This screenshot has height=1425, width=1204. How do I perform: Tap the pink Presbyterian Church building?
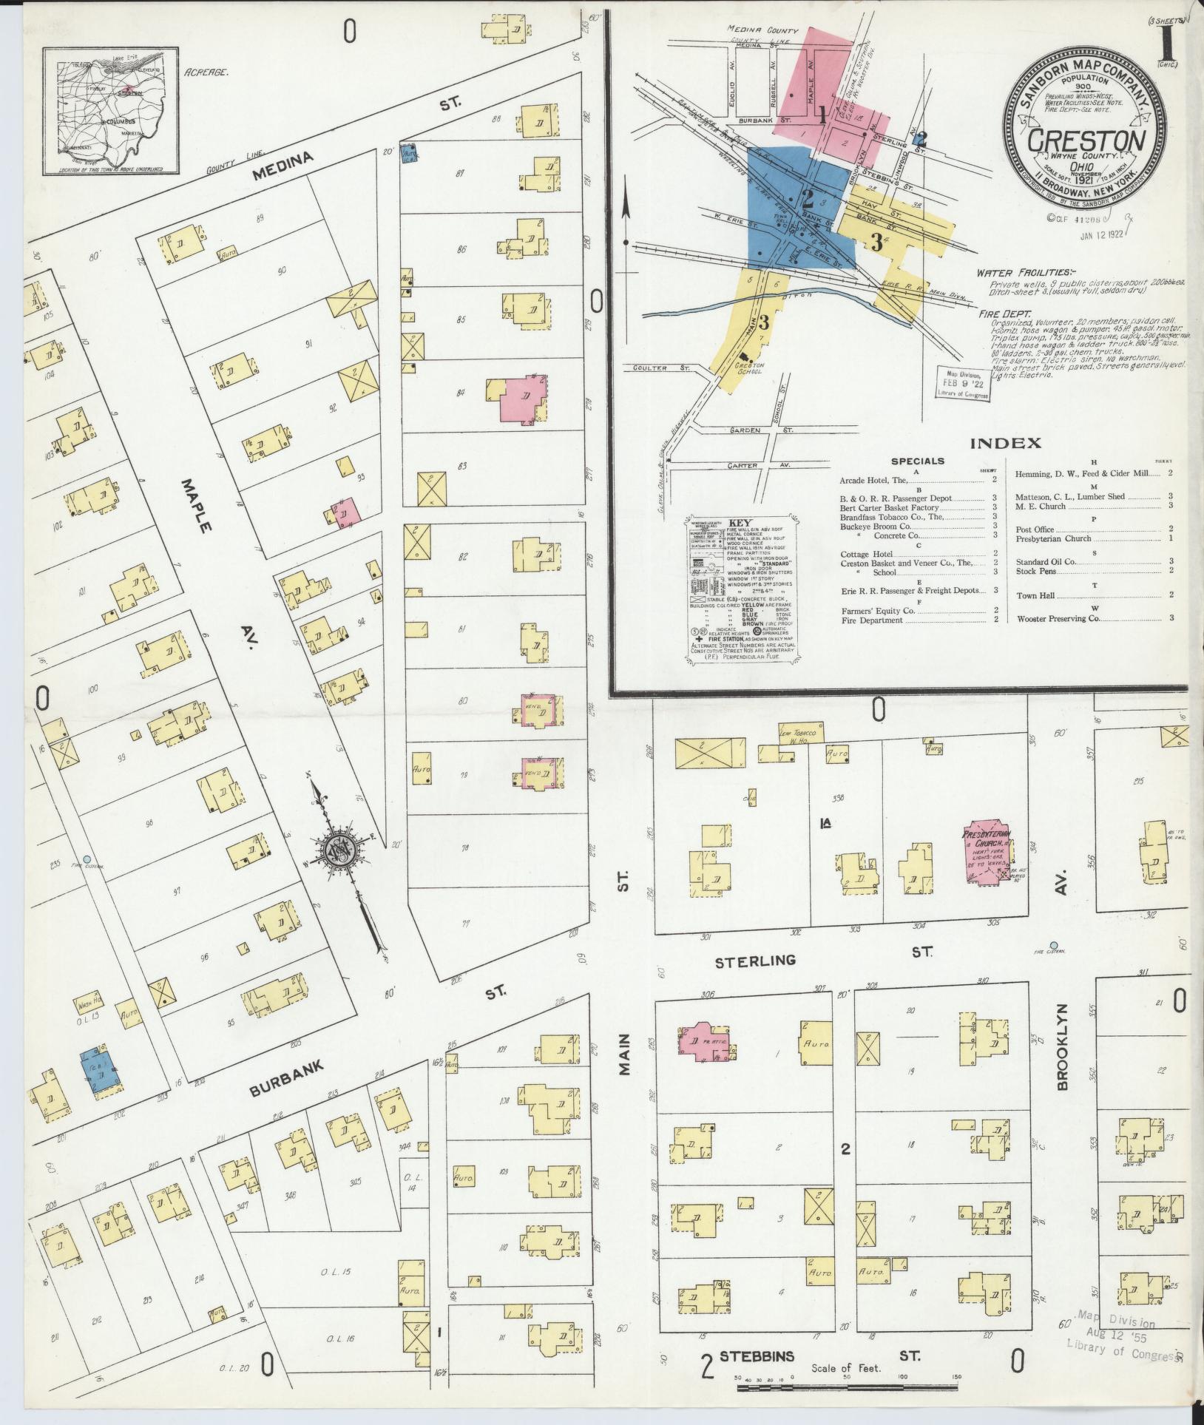pyautogui.click(x=986, y=853)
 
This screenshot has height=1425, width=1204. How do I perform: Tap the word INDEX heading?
pyautogui.click(x=1005, y=444)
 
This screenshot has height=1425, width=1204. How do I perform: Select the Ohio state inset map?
pyautogui.click(x=111, y=111)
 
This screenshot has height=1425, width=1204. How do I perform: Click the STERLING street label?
pyautogui.click(x=755, y=961)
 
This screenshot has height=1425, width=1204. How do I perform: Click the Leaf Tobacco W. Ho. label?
pyautogui.click(x=796, y=736)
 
